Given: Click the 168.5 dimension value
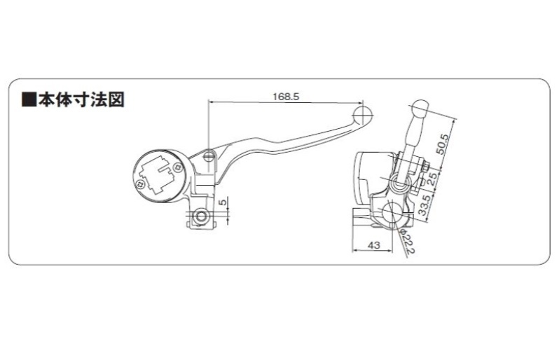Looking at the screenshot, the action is [286, 97].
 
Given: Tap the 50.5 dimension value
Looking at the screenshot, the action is [443, 144].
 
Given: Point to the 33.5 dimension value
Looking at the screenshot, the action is [425, 205].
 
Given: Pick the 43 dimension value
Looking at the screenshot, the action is [373, 245].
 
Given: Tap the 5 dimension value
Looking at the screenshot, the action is [223, 202].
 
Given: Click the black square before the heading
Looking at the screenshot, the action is [29, 101].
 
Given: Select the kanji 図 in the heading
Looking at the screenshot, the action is [116, 100].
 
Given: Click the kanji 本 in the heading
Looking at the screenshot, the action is [47, 100].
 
